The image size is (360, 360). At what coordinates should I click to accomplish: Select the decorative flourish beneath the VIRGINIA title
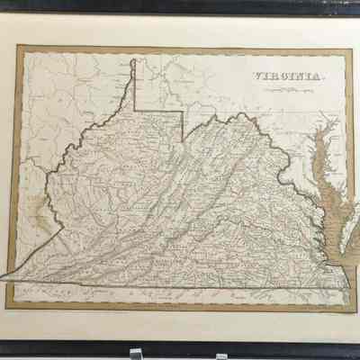[x=284, y=87]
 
